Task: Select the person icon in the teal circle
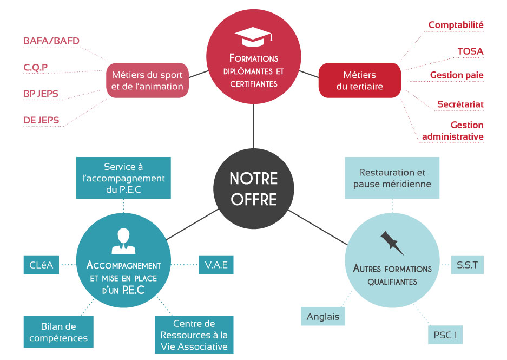[123, 241]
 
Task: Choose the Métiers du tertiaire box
[359, 80]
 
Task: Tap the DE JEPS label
[41, 120]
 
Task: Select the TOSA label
[470, 51]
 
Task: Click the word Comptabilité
[456, 25]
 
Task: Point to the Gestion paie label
[457, 75]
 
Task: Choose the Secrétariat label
[460, 104]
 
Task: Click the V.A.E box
[216, 265]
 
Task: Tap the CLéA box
[41, 265]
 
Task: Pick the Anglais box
[323, 317]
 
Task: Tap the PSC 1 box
[445, 335]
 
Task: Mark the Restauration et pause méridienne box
[392, 178]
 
